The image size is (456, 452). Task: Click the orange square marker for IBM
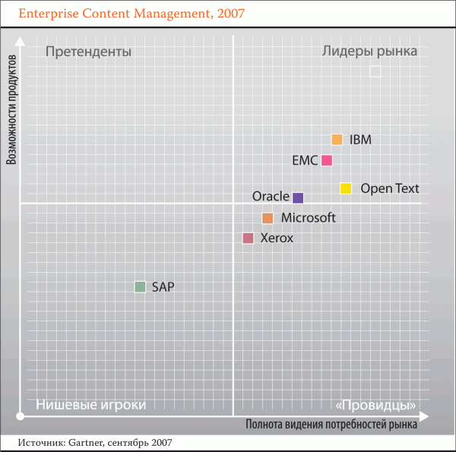pyautogui.click(x=337, y=140)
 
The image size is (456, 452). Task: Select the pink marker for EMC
pyautogui.click(x=327, y=160)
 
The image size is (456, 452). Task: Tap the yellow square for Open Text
pyautogui.click(x=346, y=188)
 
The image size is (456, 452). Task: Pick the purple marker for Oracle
pyautogui.click(x=298, y=198)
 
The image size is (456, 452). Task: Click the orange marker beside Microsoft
pyautogui.click(x=268, y=218)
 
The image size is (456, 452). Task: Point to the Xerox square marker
pyautogui.click(x=248, y=239)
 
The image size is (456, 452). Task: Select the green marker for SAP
pyautogui.click(x=140, y=287)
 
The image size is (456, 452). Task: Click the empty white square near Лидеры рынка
pyautogui.click(x=375, y=71)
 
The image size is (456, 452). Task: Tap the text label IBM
pyautogui.click(x=360, y=140)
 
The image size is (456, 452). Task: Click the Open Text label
pyautogui.click(x=389, y=189)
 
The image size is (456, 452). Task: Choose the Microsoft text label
pyautogui.click(x=308, y=218)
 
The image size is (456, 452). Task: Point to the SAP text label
pyautogui.click(x=163, y=287)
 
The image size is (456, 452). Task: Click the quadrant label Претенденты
pyautogui.click(x=88, y=52)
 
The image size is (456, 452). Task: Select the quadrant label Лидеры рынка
pyautogui.click(x=369, y=52)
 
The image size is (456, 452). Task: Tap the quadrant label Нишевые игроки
pyautogui.click(x=90, y=404)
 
